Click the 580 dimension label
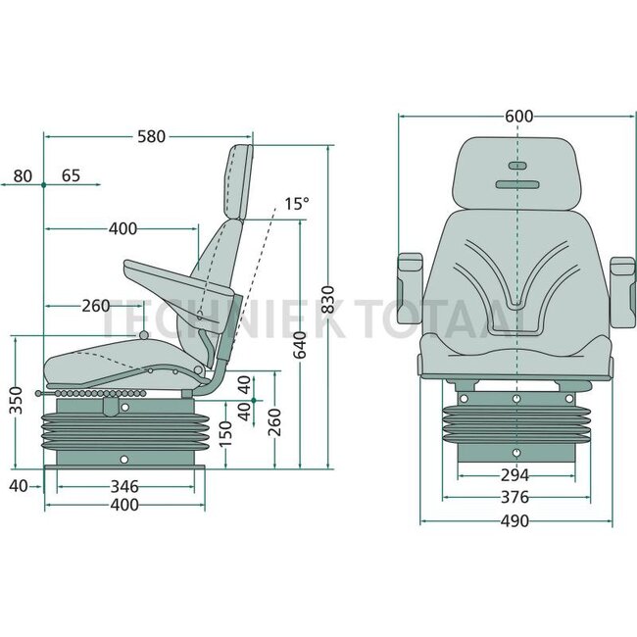coord(151,136)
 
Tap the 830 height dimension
coord(327,300)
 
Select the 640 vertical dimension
coord(300,345)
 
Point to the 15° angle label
coord(297,204)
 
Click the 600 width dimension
coord(518,117)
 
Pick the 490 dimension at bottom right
coord(514,520)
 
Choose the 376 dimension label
coord(514,497)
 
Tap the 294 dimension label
coord(514,475)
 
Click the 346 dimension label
coord(124,486)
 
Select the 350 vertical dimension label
coord(17,400)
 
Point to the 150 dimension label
coord(224,433)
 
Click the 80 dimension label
coord(23,176)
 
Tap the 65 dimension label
coord(72,175)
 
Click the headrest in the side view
coord(238,182)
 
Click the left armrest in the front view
coord(410,288)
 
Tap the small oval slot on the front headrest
coord(517,166)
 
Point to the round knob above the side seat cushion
coord(144,335)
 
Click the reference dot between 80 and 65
coord(43,185)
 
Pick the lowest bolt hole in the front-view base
coord(516,453)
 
